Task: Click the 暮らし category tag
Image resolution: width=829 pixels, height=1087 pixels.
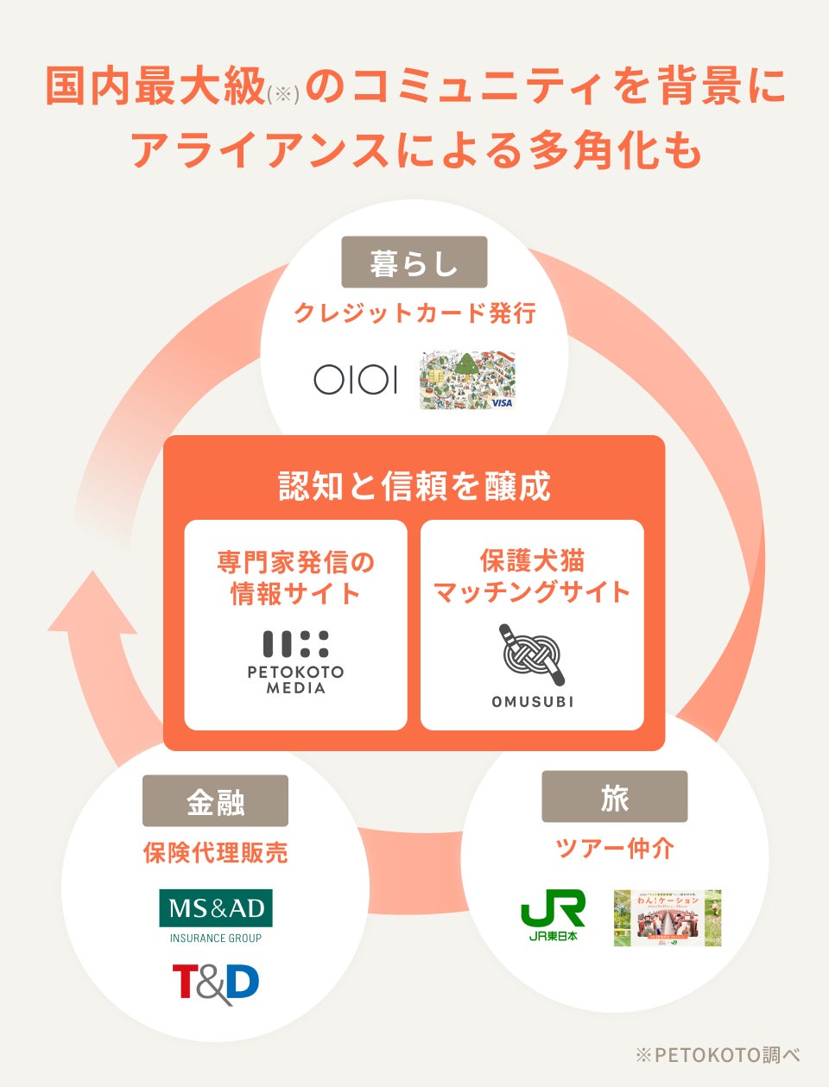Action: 414,262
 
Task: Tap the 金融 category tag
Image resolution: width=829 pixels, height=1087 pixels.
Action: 215,801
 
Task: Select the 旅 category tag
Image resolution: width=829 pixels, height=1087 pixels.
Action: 614,797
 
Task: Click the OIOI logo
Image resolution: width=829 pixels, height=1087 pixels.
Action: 355,379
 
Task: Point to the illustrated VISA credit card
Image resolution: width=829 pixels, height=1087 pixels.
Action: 467,380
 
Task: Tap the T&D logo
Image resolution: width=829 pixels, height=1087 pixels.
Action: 215,983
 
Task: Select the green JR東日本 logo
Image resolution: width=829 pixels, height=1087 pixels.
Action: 553,916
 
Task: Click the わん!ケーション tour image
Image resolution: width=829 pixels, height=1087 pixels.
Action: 668,918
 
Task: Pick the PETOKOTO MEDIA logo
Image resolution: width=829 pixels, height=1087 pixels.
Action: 295,662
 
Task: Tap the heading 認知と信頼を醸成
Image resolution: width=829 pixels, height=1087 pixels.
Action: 414,486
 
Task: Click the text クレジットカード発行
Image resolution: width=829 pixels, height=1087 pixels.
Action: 414,313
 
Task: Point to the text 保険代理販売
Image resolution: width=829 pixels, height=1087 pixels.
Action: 215,853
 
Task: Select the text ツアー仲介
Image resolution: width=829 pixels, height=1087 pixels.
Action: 614,848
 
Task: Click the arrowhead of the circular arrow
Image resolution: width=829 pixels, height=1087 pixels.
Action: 90,604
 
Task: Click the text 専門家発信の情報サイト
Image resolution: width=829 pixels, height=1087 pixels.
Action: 295,578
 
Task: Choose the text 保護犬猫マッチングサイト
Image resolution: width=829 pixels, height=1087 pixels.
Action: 532,577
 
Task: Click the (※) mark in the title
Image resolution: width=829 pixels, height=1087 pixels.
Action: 283,94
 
